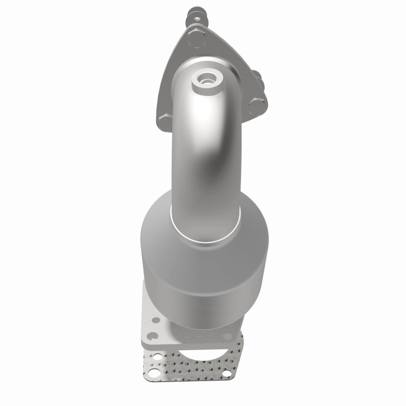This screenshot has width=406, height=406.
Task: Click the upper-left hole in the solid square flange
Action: (x=156, y=320)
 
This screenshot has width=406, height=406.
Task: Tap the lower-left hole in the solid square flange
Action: (x=152, y=336)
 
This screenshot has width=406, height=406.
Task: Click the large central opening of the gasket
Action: (x=203, y=355)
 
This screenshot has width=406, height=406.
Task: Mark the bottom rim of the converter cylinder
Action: (x=203, y=325)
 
